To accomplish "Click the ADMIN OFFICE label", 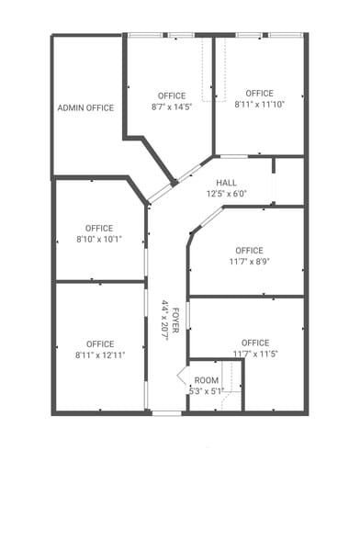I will click(x=85, y=107).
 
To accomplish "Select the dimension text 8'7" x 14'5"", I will click(x=171, y=107).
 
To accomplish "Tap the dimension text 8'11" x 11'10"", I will click(x=259, y=104).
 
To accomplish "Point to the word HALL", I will click(x=227, y=182).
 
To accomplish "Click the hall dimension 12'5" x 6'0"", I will click(x=227, y=193).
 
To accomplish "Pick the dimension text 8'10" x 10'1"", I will click(x=99, y=239).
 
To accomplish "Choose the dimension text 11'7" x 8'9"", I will click(x=248, y=261).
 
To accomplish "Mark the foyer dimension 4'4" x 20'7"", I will click(x=165, y=320).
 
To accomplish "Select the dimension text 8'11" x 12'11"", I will click(x=100, y=354).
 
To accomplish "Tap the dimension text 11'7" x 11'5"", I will click(x=255, y=354).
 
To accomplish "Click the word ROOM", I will click(x=207, y=380).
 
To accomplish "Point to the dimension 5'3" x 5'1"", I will click(x=207, y=390).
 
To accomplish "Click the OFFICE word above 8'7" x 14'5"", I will click(x=171, y=96).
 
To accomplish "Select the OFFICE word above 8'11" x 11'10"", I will click(x=259, y=93).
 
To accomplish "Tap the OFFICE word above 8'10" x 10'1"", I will click(x=99, y=228).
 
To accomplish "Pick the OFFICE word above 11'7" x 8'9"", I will click(x=248, y=250).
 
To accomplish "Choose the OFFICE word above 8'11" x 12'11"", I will click(x=100, y=343).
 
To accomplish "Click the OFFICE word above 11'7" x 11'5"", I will click(x=255, y=343).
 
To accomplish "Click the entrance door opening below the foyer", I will click(x=166, y=413).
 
